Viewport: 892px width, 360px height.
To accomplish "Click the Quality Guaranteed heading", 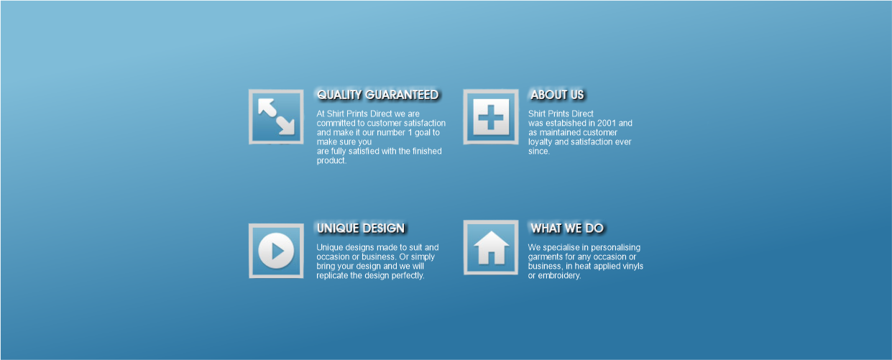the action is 377,95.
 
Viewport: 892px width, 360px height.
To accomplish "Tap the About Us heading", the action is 557,95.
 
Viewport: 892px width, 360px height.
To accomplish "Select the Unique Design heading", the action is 360,229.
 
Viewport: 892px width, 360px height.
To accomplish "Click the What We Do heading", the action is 566,229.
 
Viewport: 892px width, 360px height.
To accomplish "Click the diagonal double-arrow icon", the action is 276,116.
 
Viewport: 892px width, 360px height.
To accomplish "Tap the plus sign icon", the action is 491,116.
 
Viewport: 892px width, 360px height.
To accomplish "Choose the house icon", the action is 491,247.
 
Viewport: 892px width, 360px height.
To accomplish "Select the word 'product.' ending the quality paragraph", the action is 331,161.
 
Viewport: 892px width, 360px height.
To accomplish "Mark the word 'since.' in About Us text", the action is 539,152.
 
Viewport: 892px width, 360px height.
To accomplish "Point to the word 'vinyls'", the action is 632,267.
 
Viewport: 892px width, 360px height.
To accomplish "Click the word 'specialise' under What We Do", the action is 559,248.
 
